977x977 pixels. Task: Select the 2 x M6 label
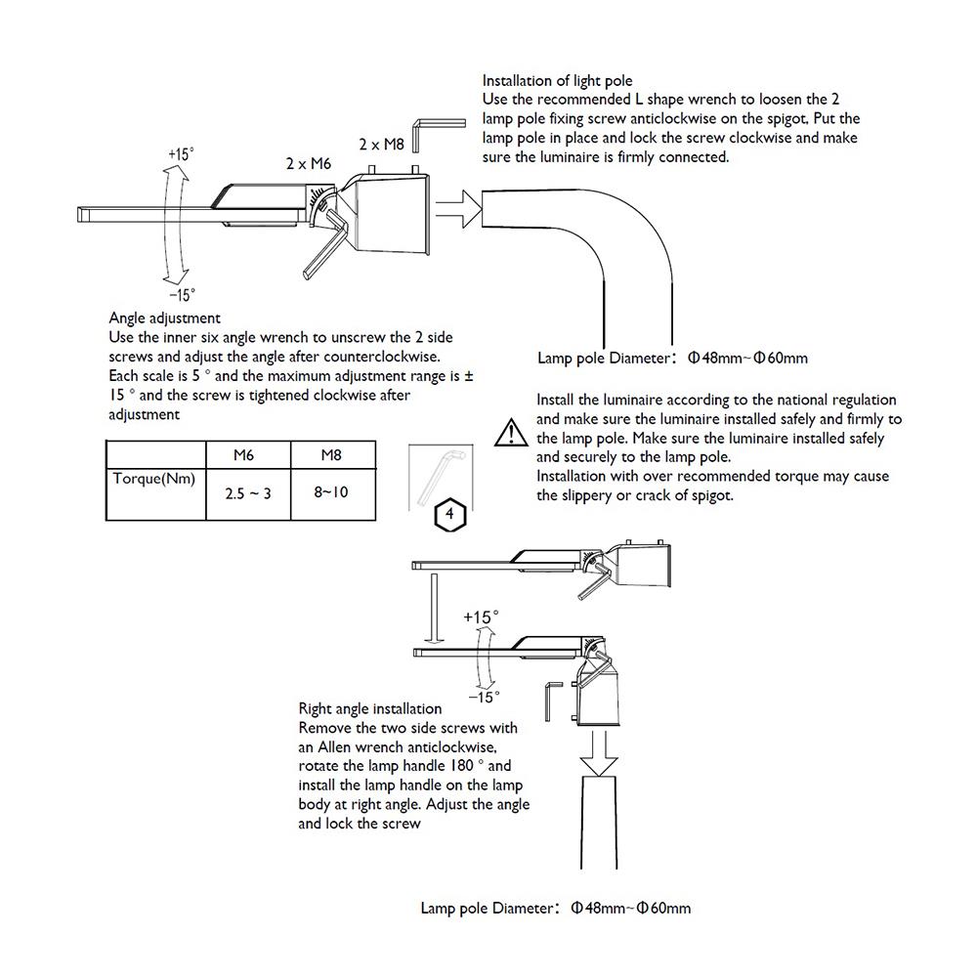(x=309, y=164)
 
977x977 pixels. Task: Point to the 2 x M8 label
(x=381, y=144)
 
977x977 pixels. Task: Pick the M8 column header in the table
(x=331, y=455)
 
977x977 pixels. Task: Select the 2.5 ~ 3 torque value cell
(x=247, y=494)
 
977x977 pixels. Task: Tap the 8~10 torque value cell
(x=331, y=492)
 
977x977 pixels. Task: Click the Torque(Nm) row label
(x=154, y=479)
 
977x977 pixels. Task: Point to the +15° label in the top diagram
(x=181, y=154)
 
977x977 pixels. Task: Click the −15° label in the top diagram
(x=181, y=294)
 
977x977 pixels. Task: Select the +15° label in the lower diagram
(x=481, y=617)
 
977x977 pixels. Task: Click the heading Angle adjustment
(x=165, y=318)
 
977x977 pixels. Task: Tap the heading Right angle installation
(x=369, y=708)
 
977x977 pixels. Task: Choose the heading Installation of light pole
(x=558, y=80)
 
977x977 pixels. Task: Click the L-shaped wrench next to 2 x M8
(x=423, y=132)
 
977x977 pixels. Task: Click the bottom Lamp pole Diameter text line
(x=555, y=908)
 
